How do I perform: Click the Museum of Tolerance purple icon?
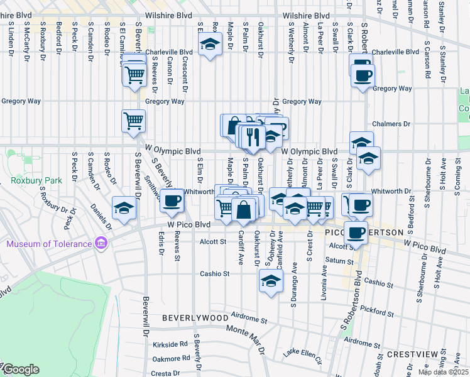(x=100, y=243)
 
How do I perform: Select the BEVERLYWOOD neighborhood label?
(x=195, y=319)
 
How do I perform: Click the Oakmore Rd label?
(x=170, y=359)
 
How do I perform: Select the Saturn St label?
(x=340, y=260)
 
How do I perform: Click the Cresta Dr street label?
(x=167, y=373)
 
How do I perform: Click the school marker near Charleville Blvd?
(x=210, y=44)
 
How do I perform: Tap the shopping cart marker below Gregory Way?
(x=133, y=119)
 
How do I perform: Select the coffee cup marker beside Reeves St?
(x=172, y=200)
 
